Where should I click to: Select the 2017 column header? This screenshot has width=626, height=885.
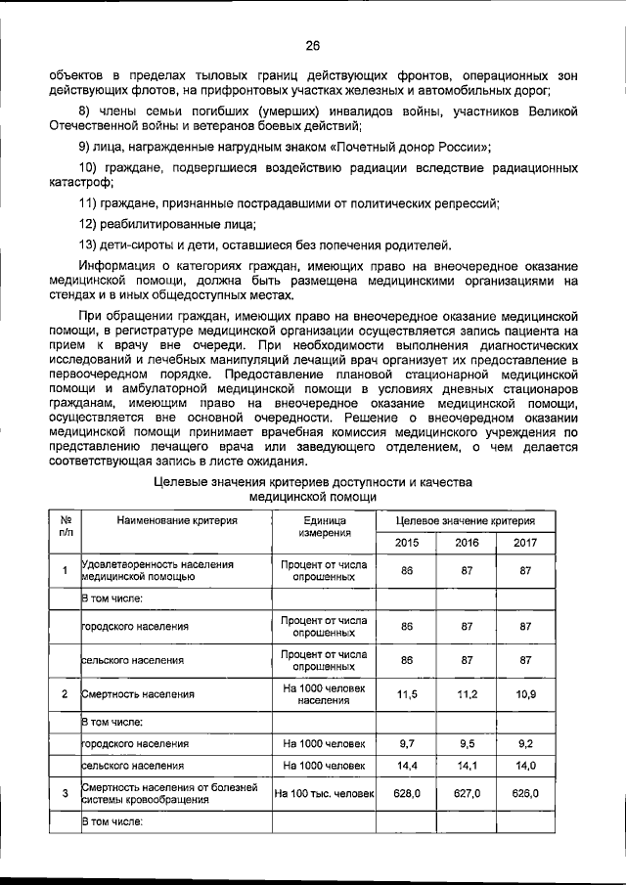[x=525, y=543]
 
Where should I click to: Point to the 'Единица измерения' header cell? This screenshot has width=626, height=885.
[x=324, y=528]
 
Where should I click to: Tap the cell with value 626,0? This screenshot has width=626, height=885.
[x=525, y=793]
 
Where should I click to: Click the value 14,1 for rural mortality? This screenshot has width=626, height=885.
[x=467, y=766]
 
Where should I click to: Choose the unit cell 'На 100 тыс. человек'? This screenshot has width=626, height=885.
[x=324, y=793]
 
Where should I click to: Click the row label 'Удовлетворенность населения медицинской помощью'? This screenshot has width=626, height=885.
[x=157, y=570]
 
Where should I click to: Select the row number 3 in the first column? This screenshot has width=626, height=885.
[x=65, y=793]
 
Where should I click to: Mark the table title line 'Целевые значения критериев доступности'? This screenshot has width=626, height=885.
[x=313, y=482]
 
